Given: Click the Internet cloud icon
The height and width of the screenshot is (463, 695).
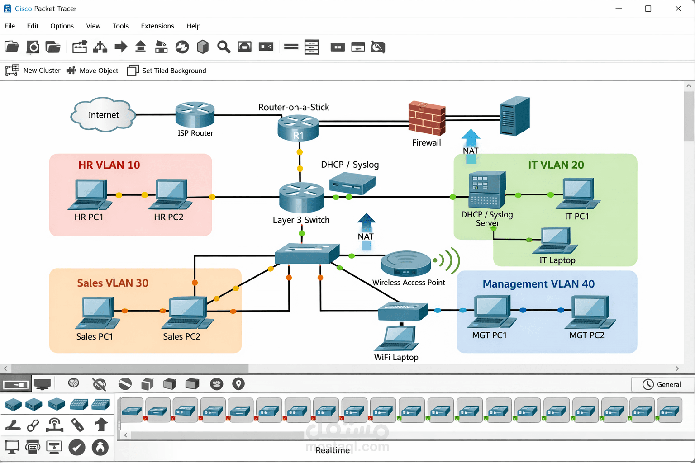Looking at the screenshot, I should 103,114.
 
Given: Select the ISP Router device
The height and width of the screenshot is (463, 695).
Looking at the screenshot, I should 195,114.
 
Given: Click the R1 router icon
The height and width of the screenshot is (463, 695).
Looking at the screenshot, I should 298,128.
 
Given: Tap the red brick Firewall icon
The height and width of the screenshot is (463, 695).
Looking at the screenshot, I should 427,118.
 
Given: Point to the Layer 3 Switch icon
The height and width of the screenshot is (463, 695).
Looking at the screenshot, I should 301,197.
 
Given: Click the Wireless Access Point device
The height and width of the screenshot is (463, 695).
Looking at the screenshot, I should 406,263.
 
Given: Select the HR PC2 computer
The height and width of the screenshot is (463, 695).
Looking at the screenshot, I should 171,195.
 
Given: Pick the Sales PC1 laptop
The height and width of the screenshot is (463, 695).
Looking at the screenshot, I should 97,313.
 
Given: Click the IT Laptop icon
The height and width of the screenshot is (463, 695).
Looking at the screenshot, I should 555,241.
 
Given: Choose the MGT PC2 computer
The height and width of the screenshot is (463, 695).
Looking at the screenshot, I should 590,312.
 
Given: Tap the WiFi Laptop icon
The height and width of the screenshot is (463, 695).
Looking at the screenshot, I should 397,338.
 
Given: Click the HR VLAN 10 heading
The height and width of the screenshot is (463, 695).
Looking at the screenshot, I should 109,165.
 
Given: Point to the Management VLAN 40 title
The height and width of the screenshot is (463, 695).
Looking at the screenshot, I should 538,284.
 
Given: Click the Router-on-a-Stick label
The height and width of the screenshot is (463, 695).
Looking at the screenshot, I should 294,107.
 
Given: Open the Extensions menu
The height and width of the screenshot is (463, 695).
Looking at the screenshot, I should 157,26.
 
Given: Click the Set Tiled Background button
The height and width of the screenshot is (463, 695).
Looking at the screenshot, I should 167,71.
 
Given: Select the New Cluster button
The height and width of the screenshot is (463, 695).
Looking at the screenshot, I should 33,71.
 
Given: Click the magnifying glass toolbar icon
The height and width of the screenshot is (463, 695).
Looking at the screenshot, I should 224,47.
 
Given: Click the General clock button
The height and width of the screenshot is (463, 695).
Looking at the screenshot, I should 662,384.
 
